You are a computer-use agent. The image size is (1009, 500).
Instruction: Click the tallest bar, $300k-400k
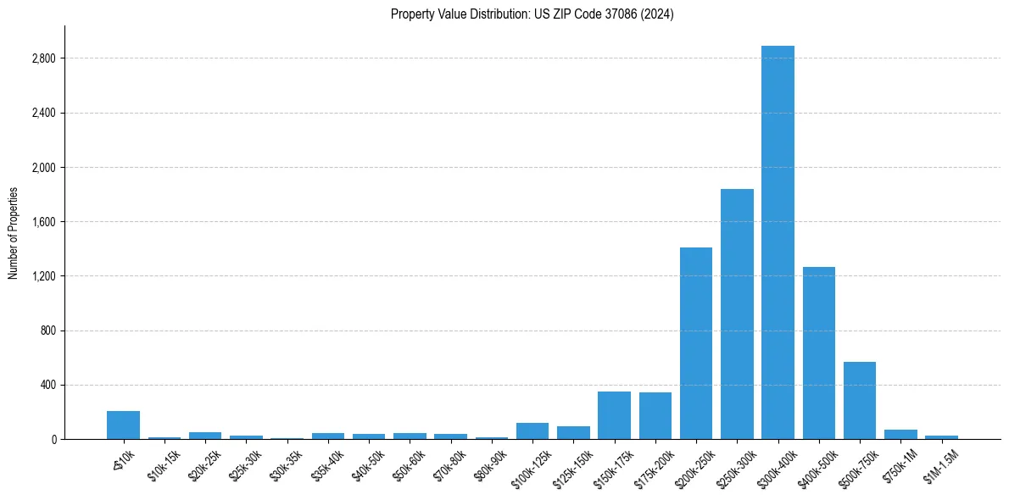point(778,242)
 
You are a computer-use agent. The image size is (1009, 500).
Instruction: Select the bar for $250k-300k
point(737,314)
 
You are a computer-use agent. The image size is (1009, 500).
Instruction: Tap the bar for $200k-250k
point(696,343)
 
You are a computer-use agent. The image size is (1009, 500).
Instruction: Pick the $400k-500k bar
point(819,353)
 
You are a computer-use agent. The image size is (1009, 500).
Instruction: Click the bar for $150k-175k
point(614,415)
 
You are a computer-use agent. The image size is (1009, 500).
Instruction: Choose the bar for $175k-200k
point(655,415)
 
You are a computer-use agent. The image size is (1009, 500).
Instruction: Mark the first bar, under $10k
point(123,425)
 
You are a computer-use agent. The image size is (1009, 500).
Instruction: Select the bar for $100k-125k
point(532,431)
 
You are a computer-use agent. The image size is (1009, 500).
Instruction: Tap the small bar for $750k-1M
point(900,434)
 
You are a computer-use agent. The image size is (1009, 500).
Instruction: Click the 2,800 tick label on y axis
point(42,58)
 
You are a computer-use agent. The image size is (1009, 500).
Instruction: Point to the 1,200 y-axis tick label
point(42,276)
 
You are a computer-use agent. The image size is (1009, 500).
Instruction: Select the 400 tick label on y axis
point(47,385)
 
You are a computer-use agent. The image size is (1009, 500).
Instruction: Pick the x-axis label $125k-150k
point(573,463)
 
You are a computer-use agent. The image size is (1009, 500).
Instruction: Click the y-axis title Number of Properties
point(14,232)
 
